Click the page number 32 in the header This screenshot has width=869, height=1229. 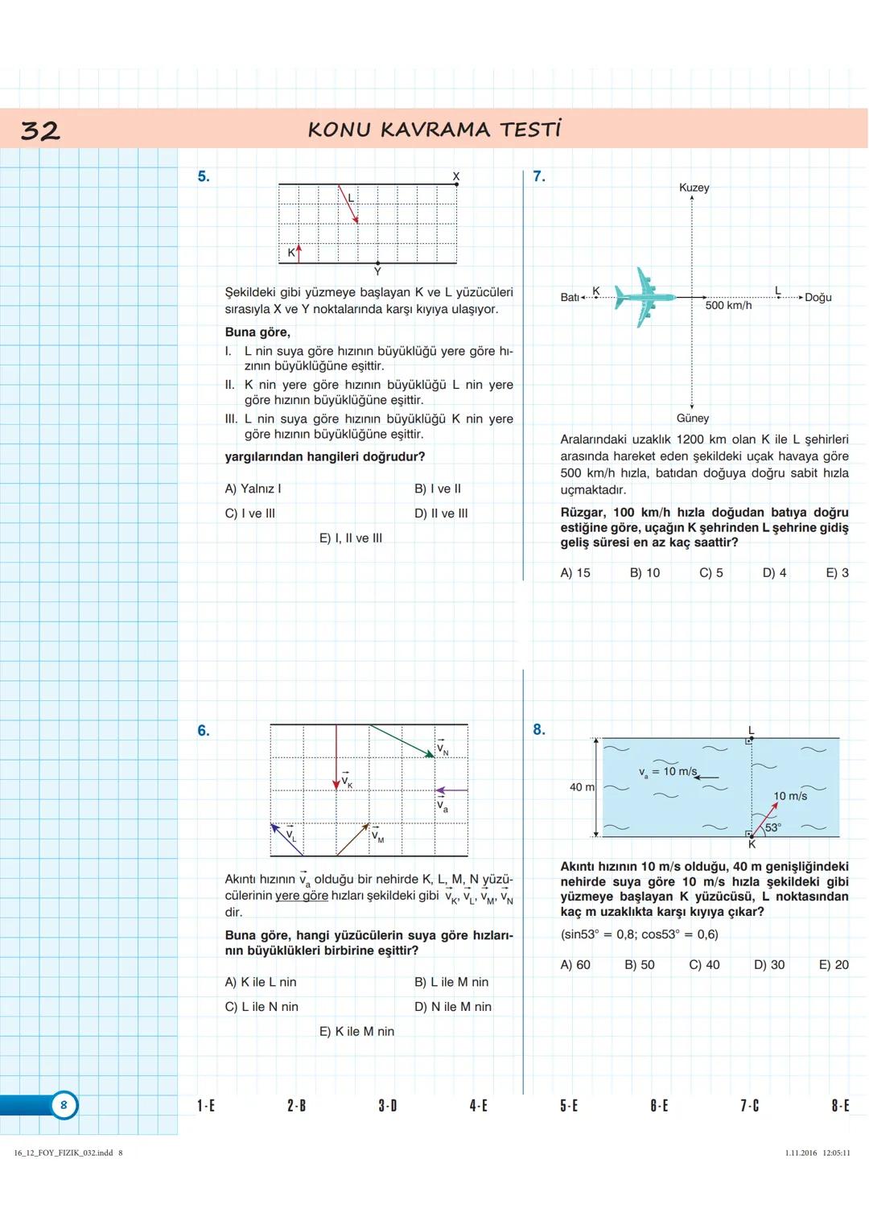pyautogui.click(x=40, y=130)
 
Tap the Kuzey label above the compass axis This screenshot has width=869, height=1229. pyautogui.click(x=694, y=188)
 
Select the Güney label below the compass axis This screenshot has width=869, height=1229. pyautogui.click(x=692, y=419)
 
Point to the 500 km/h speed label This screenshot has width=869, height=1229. pyautogui.click(x=728, y=306)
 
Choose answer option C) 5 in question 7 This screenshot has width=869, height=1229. pyautogui.click(x=710, y=573)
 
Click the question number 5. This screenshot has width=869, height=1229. pyautogui.click(x=204, y=176)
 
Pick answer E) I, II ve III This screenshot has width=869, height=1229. pyautogui.click(x=351, y=538)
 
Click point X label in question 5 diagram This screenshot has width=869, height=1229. pyautogui.click(x=456, y=175)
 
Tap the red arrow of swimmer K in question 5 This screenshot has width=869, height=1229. pyautogui.click(x=299, y=253)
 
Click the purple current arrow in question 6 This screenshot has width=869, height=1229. pyautogui.click(x=451, y=790)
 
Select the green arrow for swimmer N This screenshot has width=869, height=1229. pyautogui.click(x=402, y=741)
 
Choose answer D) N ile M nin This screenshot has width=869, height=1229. pyautogui.click(x=452, y=1007)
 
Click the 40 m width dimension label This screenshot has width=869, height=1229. pyautogui.click(x=582, y=787)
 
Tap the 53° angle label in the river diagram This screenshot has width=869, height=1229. pyautogui.click(x=772, y=827)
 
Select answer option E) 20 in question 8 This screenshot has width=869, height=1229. pyautogui.click(x=834, y=965)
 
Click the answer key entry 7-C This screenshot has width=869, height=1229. pyautogui.click(x=749, y=1106)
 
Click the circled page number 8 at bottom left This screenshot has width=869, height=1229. pyautogui.click(x=64, y=1105)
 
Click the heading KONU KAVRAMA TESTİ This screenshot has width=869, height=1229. pyautogui.click(x=434, y=130)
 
